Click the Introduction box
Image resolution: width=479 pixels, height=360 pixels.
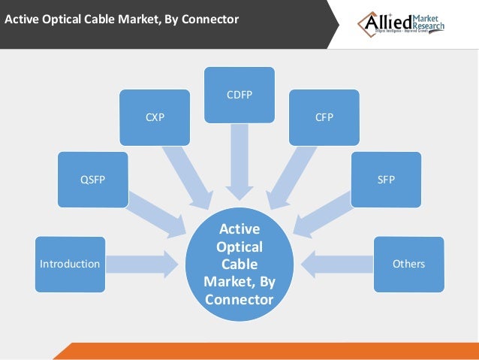click(x=69, y=264)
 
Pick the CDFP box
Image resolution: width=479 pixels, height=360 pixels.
click(x=239, y=95)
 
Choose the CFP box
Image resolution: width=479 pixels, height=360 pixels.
click(x=324, y=117)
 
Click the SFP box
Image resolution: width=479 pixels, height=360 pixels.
click(x=386, y=180)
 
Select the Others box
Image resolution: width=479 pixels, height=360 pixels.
click(x=408, y=264)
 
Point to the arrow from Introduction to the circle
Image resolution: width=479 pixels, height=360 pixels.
click(x=143, y=264)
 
